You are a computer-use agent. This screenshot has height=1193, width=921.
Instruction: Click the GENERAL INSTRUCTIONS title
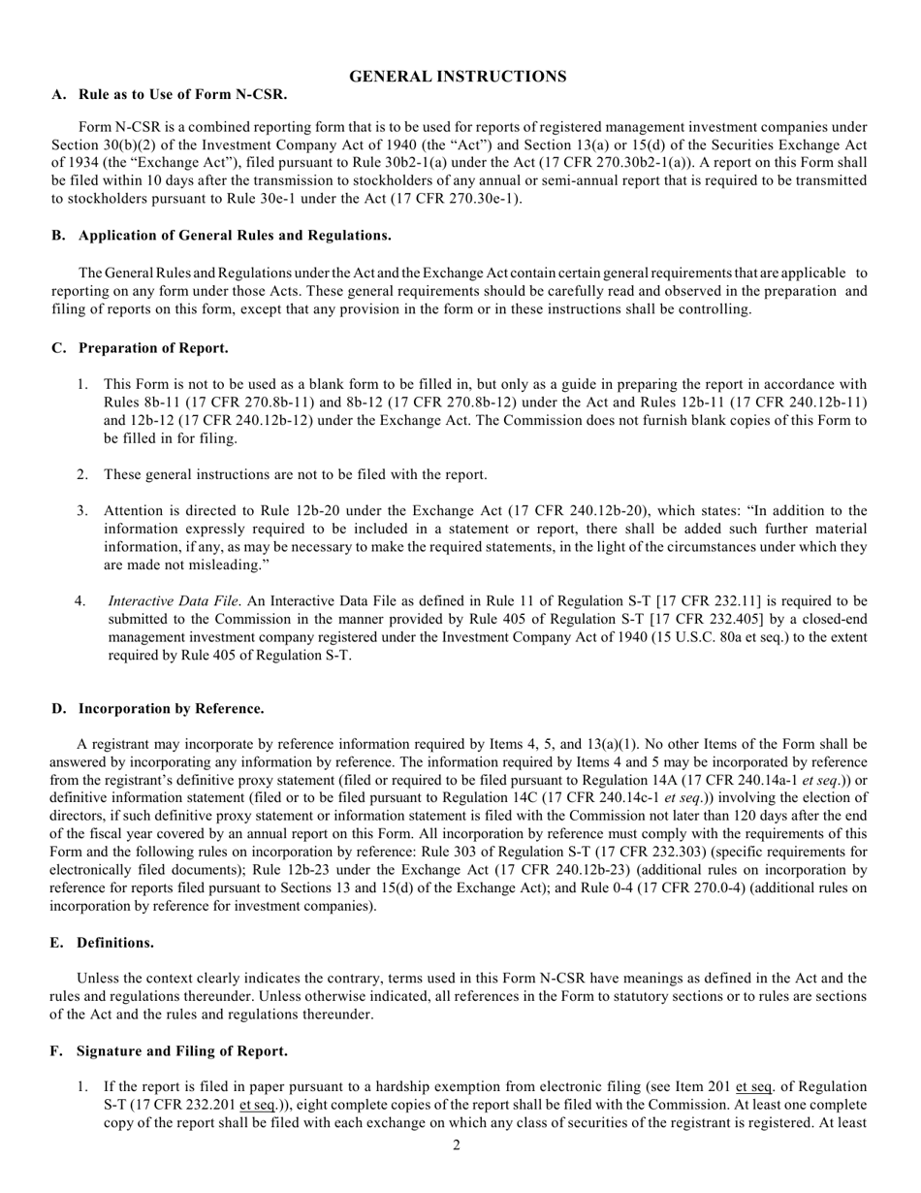[x=458, y=77]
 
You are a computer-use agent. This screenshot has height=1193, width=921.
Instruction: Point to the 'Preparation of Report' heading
[x=153, y=348]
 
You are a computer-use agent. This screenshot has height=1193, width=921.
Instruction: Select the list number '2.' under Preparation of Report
[x=83, y=474]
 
